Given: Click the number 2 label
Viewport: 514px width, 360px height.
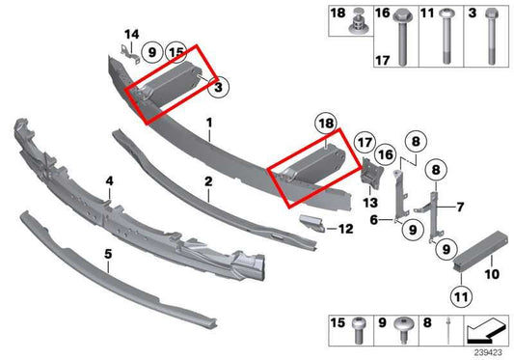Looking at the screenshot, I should (x=207, y=180).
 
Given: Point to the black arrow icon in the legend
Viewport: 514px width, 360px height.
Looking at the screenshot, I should (x=485, y=331).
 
